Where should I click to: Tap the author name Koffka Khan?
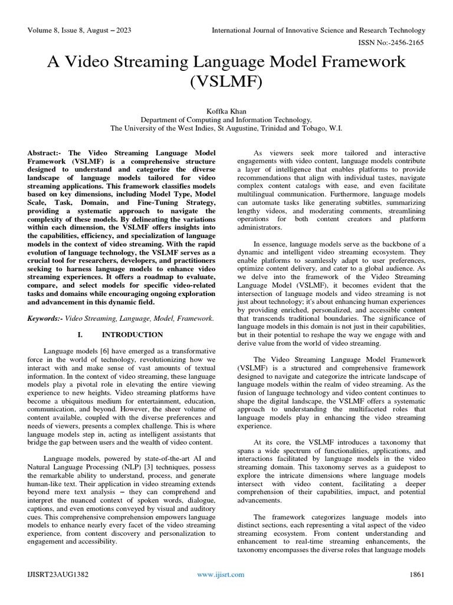[226, 110]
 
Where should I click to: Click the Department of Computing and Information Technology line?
[226, 119]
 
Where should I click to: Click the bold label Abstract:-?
[46, 153]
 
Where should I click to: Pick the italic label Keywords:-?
[45, 318]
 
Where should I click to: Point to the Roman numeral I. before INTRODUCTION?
[80, 334]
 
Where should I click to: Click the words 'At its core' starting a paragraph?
[273, 442]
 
